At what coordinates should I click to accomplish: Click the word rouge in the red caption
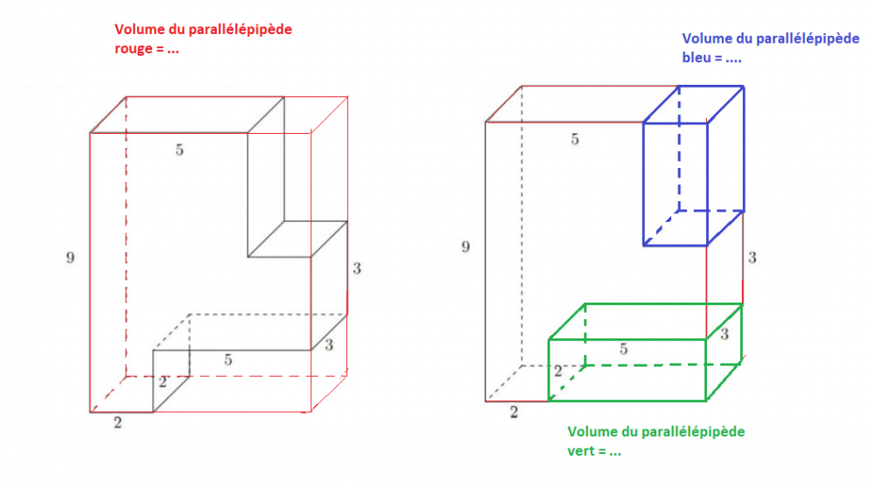[x=133, y=50]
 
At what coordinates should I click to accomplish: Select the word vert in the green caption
[x=579, y=451]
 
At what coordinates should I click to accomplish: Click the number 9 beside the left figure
[x=70, y=257]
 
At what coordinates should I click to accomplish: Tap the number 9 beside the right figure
[x=466, y=247]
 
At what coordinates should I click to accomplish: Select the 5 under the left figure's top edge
[x=179, y=150]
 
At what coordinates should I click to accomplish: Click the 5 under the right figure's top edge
[x=575, y=139]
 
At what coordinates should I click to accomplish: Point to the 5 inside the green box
[x=624, y=349]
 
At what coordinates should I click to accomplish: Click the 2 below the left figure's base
[x=118, y=422]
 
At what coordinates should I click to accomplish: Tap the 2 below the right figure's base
[x=513, y=412]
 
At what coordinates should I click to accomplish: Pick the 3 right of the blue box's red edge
[x=752, y=257]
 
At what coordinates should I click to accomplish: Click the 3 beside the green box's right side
[x=724, y=334]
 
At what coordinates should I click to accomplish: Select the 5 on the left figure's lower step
[x=228, y=359]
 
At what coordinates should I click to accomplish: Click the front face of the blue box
[x=675, y=184]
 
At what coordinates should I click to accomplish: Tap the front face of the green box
[x=628, y=370]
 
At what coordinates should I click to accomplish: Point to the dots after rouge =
[x=173, y=52]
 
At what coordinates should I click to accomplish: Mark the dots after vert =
[x=614, y=453]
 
